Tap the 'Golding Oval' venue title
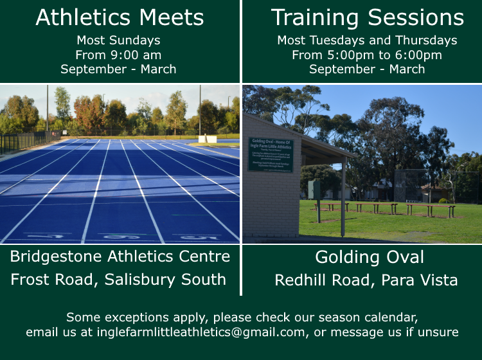(x=369, y=257)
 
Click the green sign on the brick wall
(x=271, y=154)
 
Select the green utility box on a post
(x=314, y=190)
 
